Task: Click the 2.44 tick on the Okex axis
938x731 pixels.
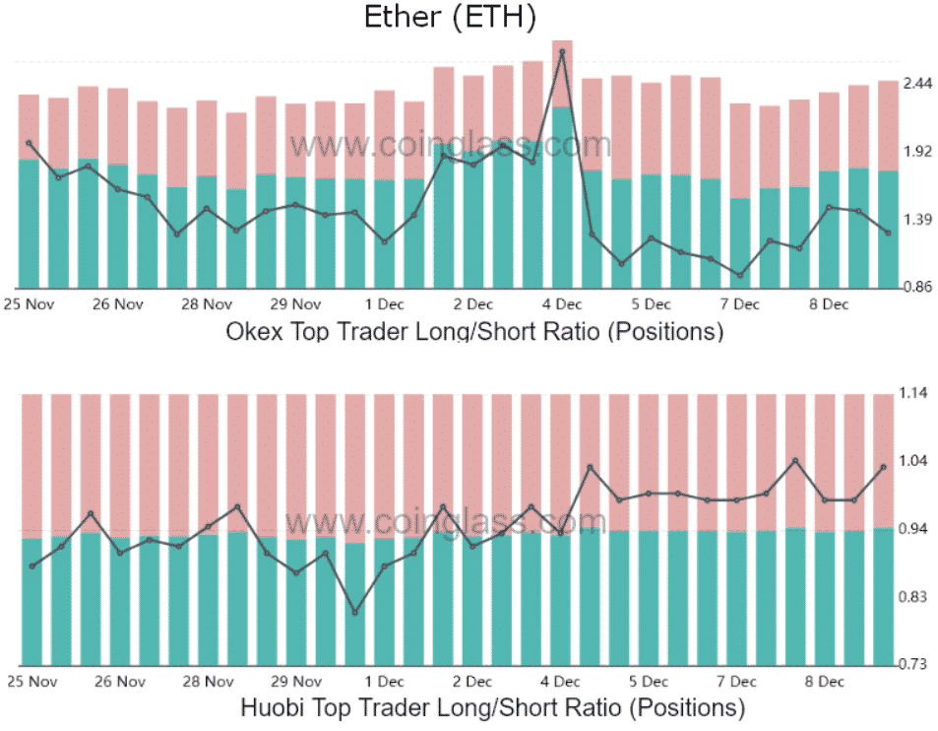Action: pos(917,85)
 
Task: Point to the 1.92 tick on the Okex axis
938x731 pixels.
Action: pos(917,152)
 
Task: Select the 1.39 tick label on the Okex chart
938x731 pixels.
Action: pos(917,220)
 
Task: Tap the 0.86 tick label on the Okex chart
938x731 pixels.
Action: pos(917,287)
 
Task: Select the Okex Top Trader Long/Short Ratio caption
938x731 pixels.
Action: pos(474,331)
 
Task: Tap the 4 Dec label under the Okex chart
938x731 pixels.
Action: pos(562,303)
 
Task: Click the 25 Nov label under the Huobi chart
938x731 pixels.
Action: pos(31,681)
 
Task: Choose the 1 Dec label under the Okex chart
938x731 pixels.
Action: pos(385,303)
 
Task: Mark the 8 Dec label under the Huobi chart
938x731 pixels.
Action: pos(828,681)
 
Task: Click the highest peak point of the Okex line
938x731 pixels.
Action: pos(562,51)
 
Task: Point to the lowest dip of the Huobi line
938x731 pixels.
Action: pos(355,613)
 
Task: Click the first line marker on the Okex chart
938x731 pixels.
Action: pos(30,144)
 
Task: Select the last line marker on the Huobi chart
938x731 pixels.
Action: pos(884,467)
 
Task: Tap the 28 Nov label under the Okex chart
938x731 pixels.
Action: pos(208,303)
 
